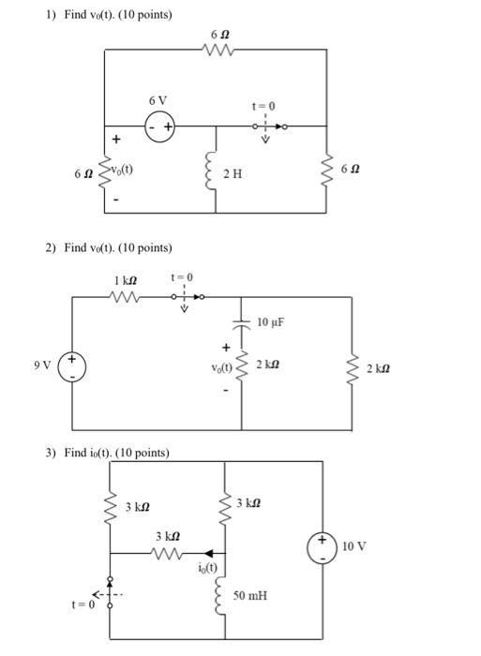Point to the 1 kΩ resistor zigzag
[125, 297]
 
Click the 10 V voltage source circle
[325, 546]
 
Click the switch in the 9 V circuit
[186, 297]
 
